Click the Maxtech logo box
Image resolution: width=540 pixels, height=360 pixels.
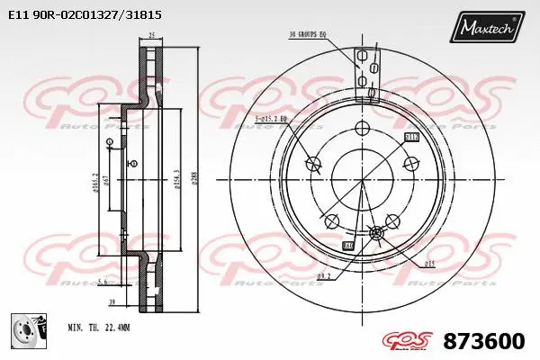point(489,29)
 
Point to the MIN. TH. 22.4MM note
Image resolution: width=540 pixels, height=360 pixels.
point(99,328)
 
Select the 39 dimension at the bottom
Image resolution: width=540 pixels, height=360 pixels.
point(112,303)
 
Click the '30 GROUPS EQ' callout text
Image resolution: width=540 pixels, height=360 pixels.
point(307,35)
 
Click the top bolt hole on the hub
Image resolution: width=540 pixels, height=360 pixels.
point(362,127)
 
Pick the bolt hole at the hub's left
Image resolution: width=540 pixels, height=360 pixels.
point(313,164)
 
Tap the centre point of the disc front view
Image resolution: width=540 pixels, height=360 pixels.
point(362,179)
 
